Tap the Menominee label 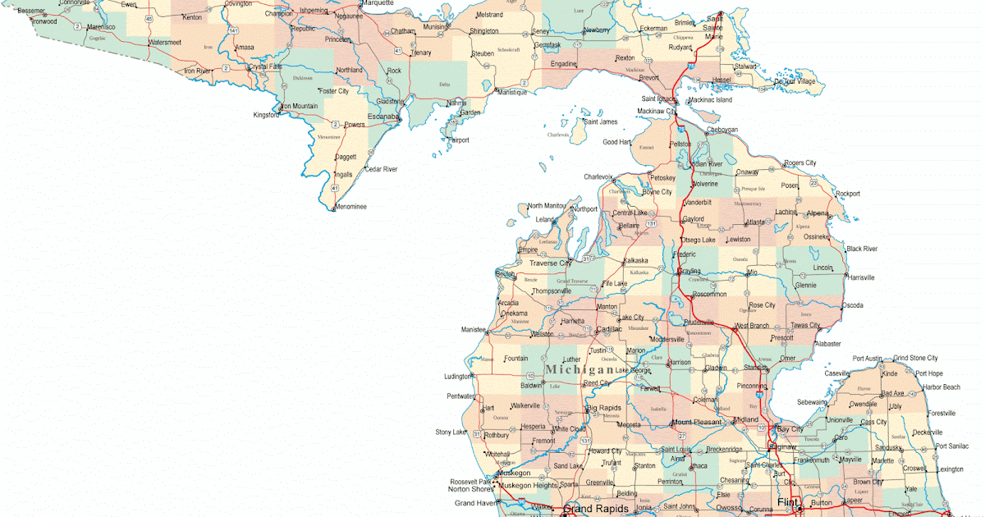350,207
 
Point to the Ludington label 458,377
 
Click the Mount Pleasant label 697,422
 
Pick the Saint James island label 600,121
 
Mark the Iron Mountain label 299,106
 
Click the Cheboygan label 722,130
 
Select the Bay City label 790,429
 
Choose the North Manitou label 547,205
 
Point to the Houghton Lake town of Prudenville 699,322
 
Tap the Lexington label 951,469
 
